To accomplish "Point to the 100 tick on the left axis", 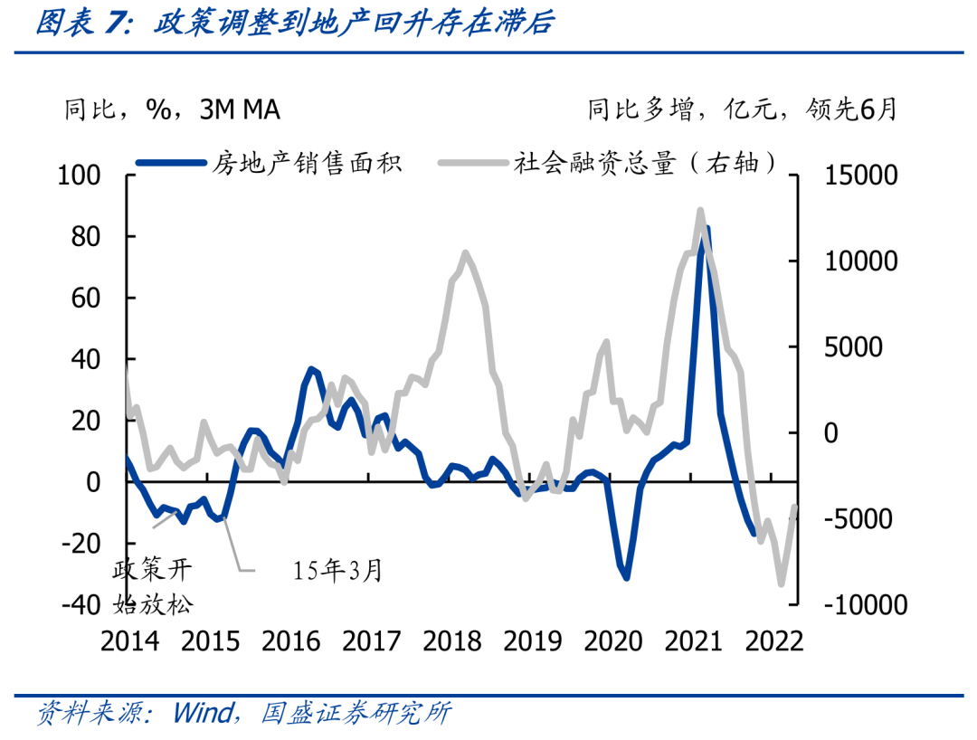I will [x=80, y=175].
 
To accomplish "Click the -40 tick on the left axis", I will [x=80, y=604].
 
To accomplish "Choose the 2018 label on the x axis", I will [x=453, y=640].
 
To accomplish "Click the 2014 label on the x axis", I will [x=129, y=640].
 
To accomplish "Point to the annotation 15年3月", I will [x=338, y=570].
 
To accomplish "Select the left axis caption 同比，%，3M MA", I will [x=171, y=110].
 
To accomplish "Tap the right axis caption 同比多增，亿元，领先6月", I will [x=743, y=110].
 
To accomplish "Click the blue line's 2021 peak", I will [x=706, y=229].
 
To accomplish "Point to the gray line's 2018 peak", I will [x=465, y=252].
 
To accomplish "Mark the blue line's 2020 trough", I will [x=626, y=577].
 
